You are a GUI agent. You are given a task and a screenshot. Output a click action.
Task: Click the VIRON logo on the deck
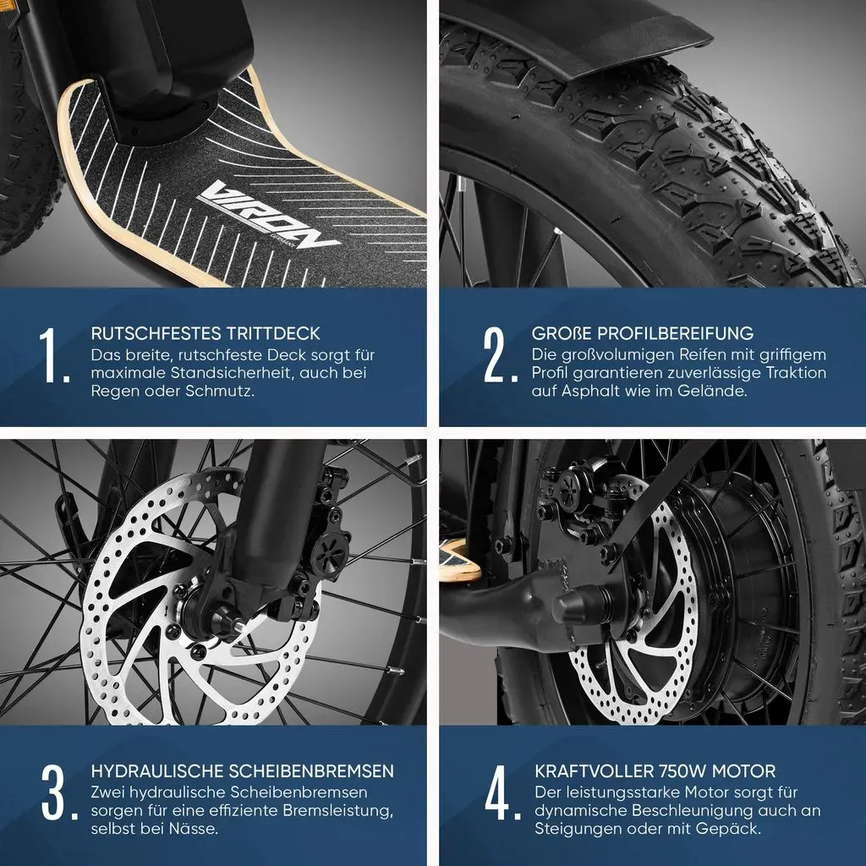(268, 216)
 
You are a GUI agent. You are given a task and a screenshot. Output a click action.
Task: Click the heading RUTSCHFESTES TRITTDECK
(206, 333)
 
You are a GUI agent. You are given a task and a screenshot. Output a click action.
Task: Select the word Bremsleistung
(338, 811)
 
